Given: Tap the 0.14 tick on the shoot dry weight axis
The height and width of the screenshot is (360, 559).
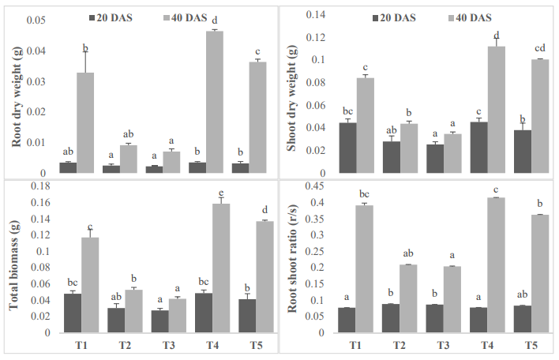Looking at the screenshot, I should click(316, 15).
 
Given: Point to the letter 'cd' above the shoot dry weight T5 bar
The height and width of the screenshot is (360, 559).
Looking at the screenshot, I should click(540, 47).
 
